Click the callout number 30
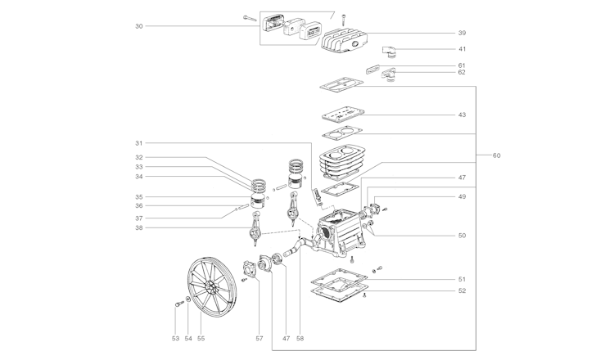[139, 26]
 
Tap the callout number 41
[462, 49]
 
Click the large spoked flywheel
[209, 287]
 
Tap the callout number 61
[462, 65]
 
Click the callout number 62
[462, 73]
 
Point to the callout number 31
[139, 143]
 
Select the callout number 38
[139, 227]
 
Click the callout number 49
[462, 196]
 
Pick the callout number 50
[462, 236]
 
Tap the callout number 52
[462, 290]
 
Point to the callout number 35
[139, 197]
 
